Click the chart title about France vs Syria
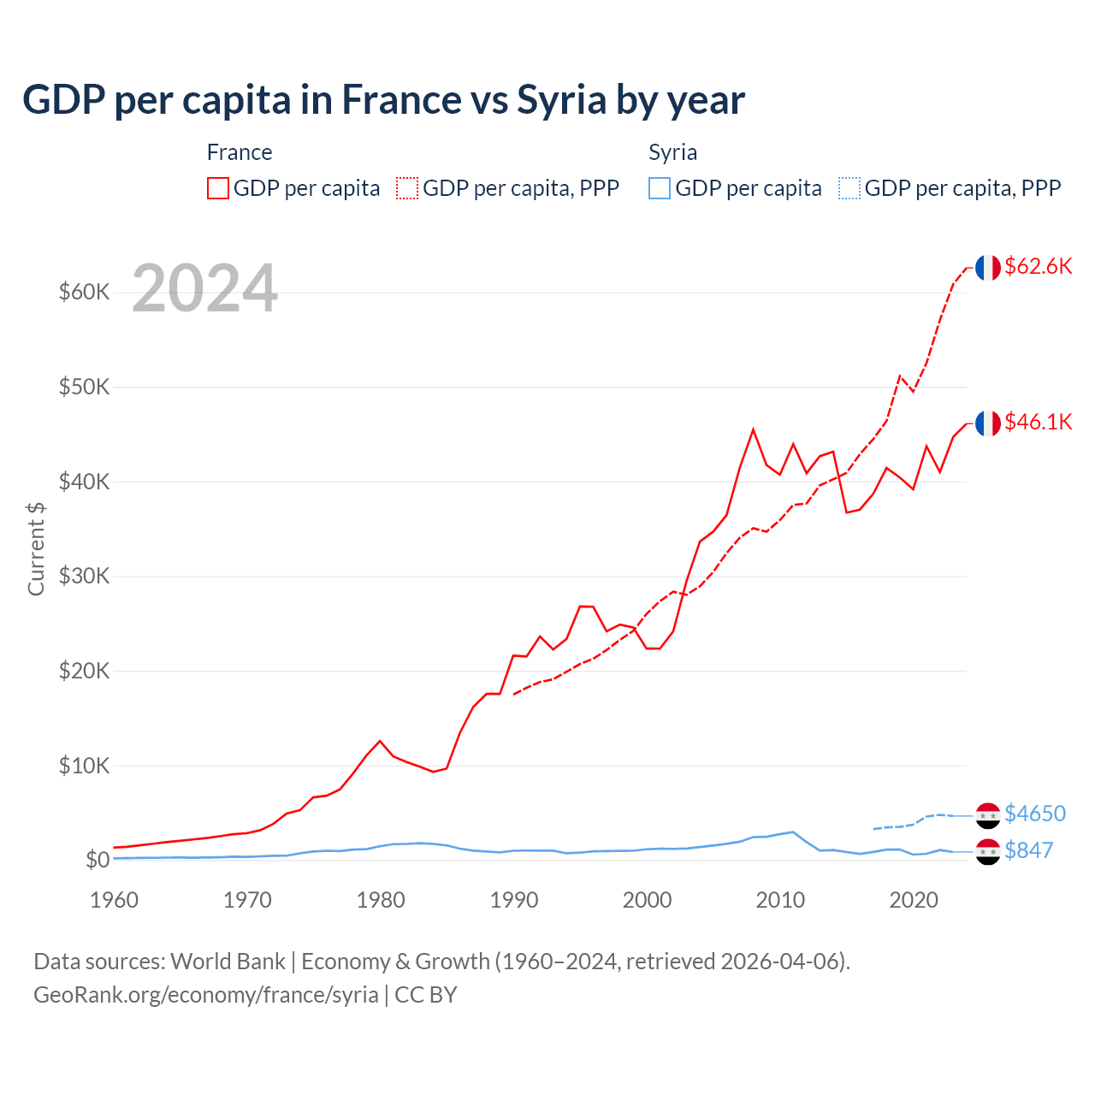383,100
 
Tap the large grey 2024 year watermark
205,288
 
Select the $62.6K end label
1038,266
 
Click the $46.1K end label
1038,422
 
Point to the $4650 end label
1035,813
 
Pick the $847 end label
1028,850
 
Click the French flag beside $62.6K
988,267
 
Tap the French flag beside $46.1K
988,423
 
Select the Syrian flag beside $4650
988,815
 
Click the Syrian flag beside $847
988,852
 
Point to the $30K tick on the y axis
84,577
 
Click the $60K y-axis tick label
84,293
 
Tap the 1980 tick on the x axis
381,900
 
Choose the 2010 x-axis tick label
780,900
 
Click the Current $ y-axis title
36,548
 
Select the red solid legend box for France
218,188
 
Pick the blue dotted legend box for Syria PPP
849,188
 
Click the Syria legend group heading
672,152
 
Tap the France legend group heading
240,152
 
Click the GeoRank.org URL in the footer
206,995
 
